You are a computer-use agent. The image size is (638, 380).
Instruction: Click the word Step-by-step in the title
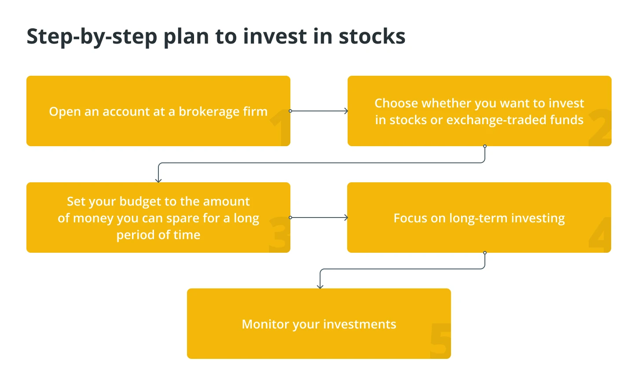[92, 37]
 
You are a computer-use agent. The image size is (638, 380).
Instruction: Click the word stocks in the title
[372, 37]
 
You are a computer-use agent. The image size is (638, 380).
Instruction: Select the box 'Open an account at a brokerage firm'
[158, 111]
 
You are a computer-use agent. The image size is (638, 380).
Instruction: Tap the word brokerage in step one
[209, 112]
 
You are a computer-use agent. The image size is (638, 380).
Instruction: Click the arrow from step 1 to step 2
[319, 111]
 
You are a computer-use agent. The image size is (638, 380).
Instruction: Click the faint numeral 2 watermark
[600, 127]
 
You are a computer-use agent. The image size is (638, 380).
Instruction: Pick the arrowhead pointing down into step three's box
[158, 180]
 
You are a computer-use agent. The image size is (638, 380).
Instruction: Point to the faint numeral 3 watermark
[279, 234]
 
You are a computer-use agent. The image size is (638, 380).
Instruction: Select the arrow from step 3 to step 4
[319, 218]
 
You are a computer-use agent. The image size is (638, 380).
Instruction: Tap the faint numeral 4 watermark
[600, 234]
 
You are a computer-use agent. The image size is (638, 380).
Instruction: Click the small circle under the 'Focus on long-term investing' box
[485, 253]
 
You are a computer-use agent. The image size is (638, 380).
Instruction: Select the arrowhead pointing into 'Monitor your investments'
[320, 286]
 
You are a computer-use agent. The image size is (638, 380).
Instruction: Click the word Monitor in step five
[265, 324]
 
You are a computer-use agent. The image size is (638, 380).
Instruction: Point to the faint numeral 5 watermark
[440, 341]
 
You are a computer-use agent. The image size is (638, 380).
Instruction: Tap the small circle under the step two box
[485, 146]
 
